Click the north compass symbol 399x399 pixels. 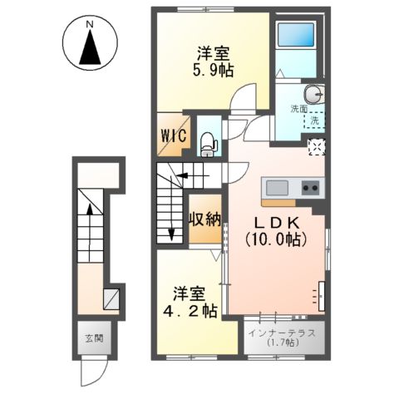(89, 46)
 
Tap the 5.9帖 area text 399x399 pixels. (214, 71)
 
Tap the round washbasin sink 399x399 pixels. (313, 93)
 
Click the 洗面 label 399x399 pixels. (299, 109)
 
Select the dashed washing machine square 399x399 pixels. (315, 121)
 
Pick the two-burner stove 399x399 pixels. (312, 187)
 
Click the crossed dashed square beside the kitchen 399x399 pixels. (315, 147)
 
